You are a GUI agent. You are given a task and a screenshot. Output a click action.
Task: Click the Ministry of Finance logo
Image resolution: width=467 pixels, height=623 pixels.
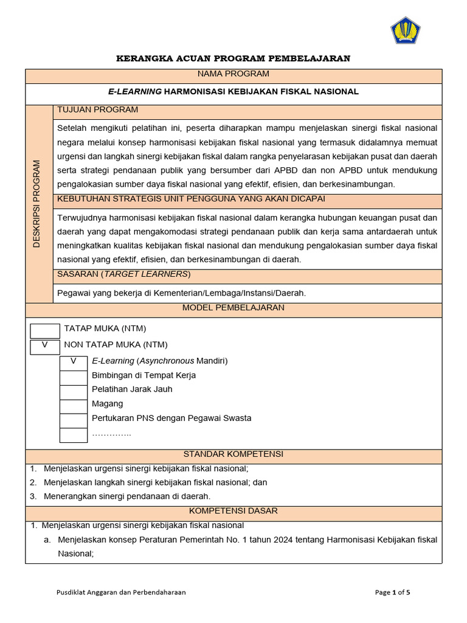coord(406,30)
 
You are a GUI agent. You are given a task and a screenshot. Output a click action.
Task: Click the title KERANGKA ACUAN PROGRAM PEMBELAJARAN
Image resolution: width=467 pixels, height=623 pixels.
coord(233,58)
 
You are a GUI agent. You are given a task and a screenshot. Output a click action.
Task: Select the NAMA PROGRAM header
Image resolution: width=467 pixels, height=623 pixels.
coord(233,74)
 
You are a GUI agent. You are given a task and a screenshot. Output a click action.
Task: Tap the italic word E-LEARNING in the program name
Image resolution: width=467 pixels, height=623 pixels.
coord(134,91)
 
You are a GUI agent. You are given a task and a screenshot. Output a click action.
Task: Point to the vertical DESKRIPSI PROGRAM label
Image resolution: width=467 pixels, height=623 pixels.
coord(38,204)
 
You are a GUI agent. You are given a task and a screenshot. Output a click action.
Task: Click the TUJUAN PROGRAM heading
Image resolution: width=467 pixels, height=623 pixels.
coord(97,110)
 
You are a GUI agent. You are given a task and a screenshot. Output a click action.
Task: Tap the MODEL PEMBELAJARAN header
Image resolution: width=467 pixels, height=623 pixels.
coord(233,308)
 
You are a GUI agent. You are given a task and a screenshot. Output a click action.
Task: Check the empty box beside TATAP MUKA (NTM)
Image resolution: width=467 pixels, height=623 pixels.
coord(45,331)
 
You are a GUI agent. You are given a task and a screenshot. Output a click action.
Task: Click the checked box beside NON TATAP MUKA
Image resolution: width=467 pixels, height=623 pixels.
coord(45,346)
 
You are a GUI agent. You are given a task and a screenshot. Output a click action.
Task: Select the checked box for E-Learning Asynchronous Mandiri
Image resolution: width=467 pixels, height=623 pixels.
coord(74,361)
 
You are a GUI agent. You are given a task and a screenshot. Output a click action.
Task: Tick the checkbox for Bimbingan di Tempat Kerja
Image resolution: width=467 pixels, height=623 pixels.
coord(74,377)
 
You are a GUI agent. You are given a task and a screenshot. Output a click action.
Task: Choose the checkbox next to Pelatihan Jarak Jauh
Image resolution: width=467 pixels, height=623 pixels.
coord(74,391)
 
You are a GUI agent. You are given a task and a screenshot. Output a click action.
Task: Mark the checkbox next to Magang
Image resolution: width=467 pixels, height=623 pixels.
coord(74,406)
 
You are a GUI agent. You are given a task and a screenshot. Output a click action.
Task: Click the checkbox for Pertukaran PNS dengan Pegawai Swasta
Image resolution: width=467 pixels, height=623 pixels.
coord(74,420)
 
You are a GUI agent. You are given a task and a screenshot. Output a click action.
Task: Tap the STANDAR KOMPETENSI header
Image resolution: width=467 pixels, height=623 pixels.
coord(233,454)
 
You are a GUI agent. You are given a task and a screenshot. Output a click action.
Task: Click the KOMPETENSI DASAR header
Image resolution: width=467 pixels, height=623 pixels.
coord(233,511)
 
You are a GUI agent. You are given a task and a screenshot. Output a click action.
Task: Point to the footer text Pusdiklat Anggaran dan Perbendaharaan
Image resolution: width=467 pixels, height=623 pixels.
coord(121,592)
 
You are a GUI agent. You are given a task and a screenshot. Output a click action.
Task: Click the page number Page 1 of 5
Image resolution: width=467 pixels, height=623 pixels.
coord(392,592)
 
